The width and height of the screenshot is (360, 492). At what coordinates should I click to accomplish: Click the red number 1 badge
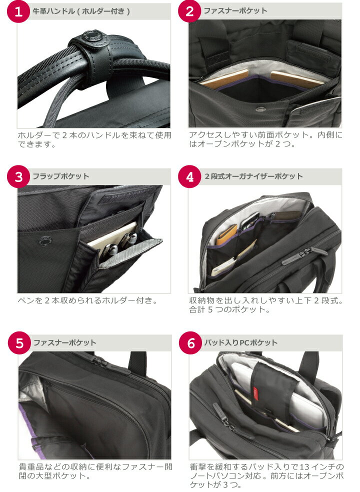click(18, 11)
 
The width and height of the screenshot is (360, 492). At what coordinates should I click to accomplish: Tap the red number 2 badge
click(189, 11)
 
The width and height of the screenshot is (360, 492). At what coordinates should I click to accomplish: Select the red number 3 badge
click(18, 176)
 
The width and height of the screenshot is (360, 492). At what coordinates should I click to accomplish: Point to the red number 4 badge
click(189, 176)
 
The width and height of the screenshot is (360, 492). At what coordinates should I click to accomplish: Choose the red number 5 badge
click(19, 343)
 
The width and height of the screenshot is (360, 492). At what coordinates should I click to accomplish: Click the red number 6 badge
click(190, 343)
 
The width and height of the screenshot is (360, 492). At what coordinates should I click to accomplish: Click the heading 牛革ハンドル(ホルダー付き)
click(81, 11)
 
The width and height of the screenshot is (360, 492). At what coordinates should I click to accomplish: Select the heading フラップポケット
click(61, 176)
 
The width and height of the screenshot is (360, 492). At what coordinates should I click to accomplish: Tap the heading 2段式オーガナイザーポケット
click(253, 176)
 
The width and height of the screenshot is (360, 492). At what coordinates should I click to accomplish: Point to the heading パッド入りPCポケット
click(240, 342)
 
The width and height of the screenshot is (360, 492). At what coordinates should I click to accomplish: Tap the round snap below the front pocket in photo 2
click(259, 109)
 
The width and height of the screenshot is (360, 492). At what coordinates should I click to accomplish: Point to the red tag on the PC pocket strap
click(256, 391)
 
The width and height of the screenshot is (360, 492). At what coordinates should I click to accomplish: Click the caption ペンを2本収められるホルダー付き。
click(87, 300)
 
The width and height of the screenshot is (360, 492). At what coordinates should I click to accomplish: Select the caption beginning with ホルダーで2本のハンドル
click(94, 139)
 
